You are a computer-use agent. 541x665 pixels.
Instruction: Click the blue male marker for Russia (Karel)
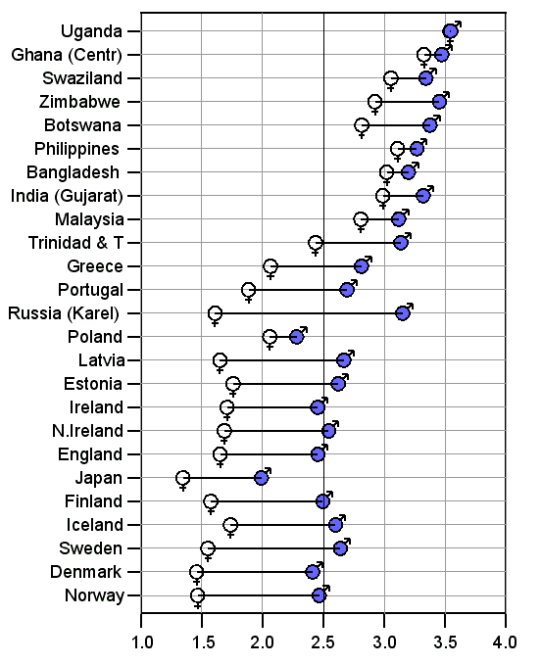[403, 313]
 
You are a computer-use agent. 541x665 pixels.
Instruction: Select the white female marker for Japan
[183, 478]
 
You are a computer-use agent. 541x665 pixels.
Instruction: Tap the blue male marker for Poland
[297, 337]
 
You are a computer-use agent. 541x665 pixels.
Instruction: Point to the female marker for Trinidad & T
[316, 243]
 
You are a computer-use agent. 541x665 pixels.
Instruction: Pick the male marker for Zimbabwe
[440, 102]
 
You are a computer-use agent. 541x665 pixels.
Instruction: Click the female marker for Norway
[197, 595]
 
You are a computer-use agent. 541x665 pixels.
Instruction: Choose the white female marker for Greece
[270, 266]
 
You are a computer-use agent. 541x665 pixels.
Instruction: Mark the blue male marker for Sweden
[340, 548]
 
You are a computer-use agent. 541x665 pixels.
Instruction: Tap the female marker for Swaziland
[391, 78]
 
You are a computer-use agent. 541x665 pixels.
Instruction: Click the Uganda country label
[91, 31]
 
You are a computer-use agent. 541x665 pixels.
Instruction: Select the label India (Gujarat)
[67, 196]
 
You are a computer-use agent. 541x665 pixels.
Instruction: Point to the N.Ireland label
[87, 431]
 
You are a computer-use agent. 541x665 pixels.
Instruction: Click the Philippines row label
[76, 149]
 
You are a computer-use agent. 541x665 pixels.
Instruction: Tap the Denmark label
[85, 572]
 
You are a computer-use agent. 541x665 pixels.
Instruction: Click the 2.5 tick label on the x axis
[323, 642]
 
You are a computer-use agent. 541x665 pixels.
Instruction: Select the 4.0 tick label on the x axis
[506, 642]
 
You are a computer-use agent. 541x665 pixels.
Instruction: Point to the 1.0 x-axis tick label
[141, 642]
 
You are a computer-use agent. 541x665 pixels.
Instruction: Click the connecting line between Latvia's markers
[281, 360]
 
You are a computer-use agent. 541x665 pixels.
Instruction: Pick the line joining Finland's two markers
[267, 501]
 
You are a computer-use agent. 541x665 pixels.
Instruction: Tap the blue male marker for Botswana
[430, 125]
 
